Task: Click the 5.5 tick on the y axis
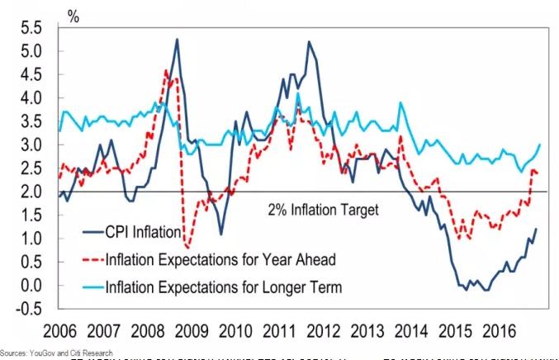31,27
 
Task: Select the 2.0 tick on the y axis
31,192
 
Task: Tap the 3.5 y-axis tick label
31,121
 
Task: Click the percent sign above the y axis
73,12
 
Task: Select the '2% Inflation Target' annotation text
324,210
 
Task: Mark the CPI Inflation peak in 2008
177,39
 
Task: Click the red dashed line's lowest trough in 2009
187,247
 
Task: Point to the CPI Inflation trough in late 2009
221,234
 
